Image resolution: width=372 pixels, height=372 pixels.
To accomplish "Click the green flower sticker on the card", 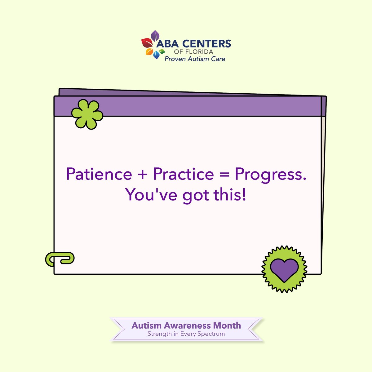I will (87, 114).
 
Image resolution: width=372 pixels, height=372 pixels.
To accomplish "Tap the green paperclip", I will (60, 259).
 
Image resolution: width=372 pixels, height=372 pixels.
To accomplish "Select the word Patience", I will (99, 174).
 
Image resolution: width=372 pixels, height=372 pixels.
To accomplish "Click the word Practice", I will (183, 174).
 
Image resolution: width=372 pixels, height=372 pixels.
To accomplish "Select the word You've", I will (152, 195).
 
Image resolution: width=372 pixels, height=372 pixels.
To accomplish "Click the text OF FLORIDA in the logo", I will (193, 52).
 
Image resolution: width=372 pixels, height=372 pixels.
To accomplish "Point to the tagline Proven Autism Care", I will (195, 59).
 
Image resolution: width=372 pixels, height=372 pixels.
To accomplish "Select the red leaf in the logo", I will (146, 43).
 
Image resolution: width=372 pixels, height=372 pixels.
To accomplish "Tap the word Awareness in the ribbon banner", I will (188, 325).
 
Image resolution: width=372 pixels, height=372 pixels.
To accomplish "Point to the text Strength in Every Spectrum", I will (186, 334).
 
